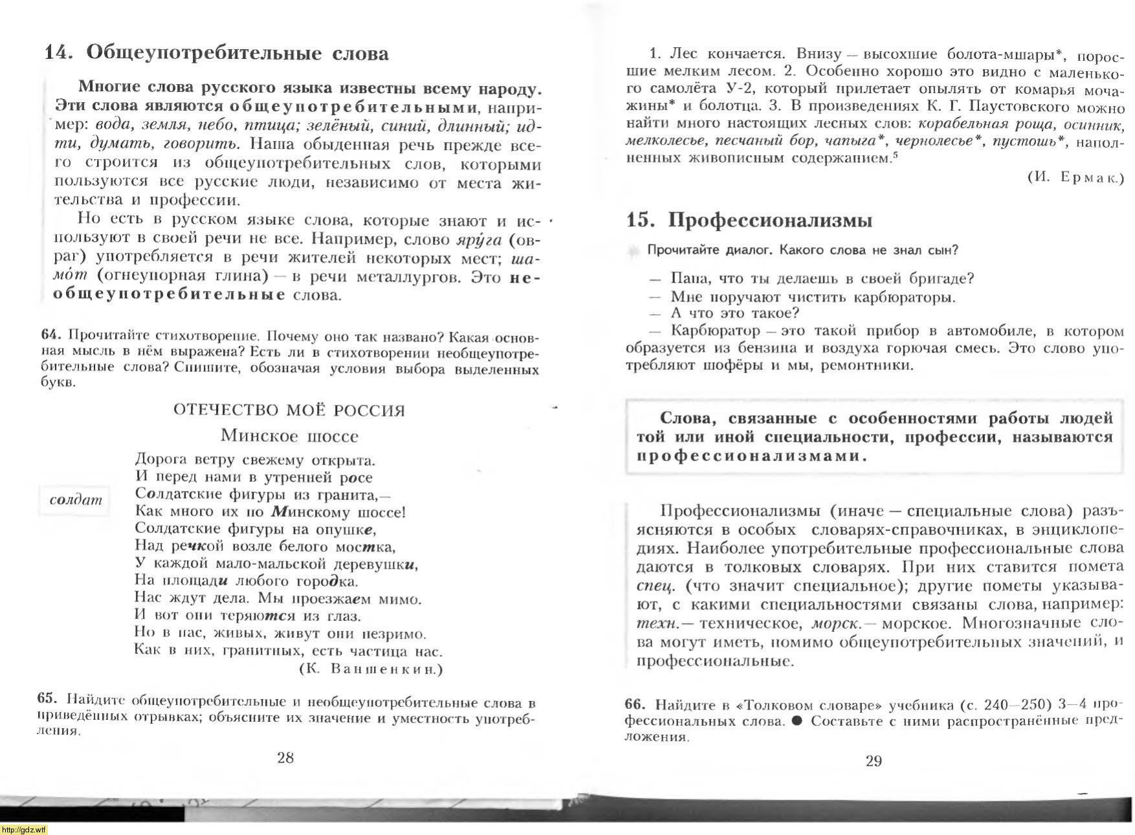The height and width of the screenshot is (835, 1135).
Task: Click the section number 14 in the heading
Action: [x=58, y=52]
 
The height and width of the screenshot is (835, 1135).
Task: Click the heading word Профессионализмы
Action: [x=770, y=220]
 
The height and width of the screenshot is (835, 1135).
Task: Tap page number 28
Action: [x=285, y=758]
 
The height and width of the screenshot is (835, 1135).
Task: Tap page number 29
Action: [x=874, y=761]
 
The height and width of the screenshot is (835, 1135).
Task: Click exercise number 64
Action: [x=50, y=334]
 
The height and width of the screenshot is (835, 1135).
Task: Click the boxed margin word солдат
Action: [x=76, y=499]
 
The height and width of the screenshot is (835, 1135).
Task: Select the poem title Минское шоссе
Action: [x=289, y=435]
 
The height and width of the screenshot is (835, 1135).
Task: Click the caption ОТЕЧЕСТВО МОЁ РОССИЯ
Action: [x=289, y=411]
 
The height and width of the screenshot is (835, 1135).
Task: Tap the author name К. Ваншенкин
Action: [x=371, y=669]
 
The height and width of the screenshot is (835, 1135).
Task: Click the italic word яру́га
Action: [x=479, y=240]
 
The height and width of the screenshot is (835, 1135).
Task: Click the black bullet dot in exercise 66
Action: [x=797, y=721]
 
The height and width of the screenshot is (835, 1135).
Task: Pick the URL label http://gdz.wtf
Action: [x=24, y=830]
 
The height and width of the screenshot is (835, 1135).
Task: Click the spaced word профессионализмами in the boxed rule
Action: [x=751, y=455]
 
